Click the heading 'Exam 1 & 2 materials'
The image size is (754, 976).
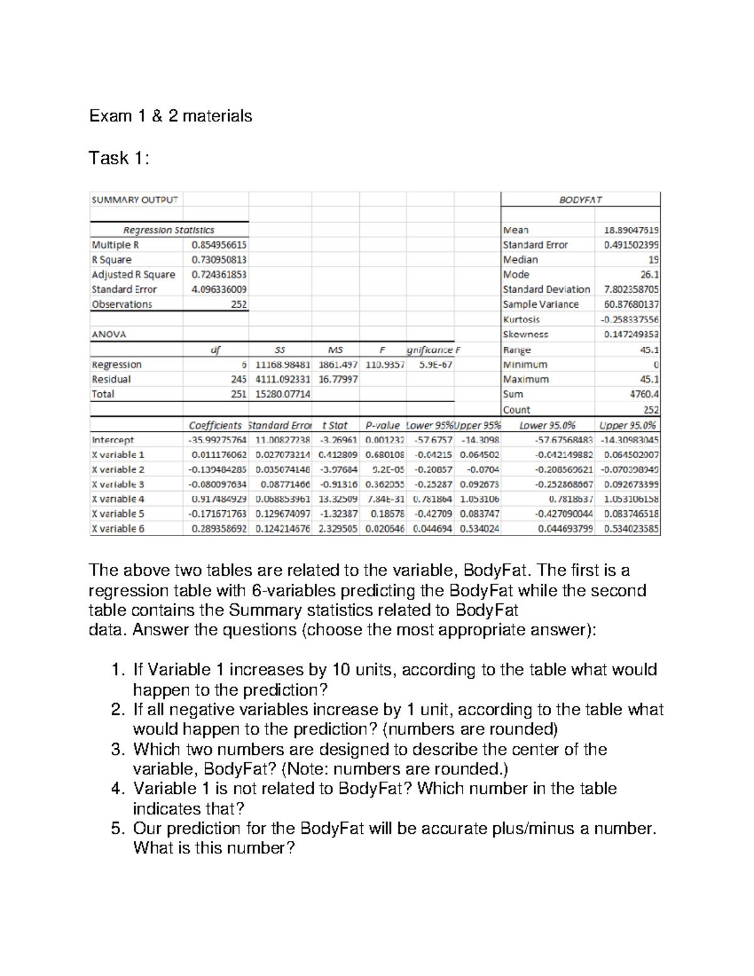(x=170, y=116)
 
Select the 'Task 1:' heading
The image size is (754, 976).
(x=119, y=158)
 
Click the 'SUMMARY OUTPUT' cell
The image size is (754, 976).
(x=134, y=200)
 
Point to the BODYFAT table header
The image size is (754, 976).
(x=580, y=200)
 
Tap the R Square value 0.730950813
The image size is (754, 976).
(x=219, y=260)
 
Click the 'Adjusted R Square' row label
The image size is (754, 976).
(x=133, y=275)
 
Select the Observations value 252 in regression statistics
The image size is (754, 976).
(x=238, y=304)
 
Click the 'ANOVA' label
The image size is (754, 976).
(x=109, y=334)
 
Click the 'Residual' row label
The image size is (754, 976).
(x=111, y=380)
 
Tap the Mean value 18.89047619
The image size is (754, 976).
(x=631, y=230)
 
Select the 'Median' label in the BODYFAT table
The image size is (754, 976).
(x=520, y=260)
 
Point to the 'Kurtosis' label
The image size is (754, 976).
(x=521, y=319)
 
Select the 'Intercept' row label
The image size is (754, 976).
(x=112, y=440)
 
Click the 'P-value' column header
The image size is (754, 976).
(x=382, y=425)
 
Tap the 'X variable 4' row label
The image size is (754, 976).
(x=118, y=499)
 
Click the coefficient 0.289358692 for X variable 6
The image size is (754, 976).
(x=219, y=529)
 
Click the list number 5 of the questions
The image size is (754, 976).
(x=118, y=828)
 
